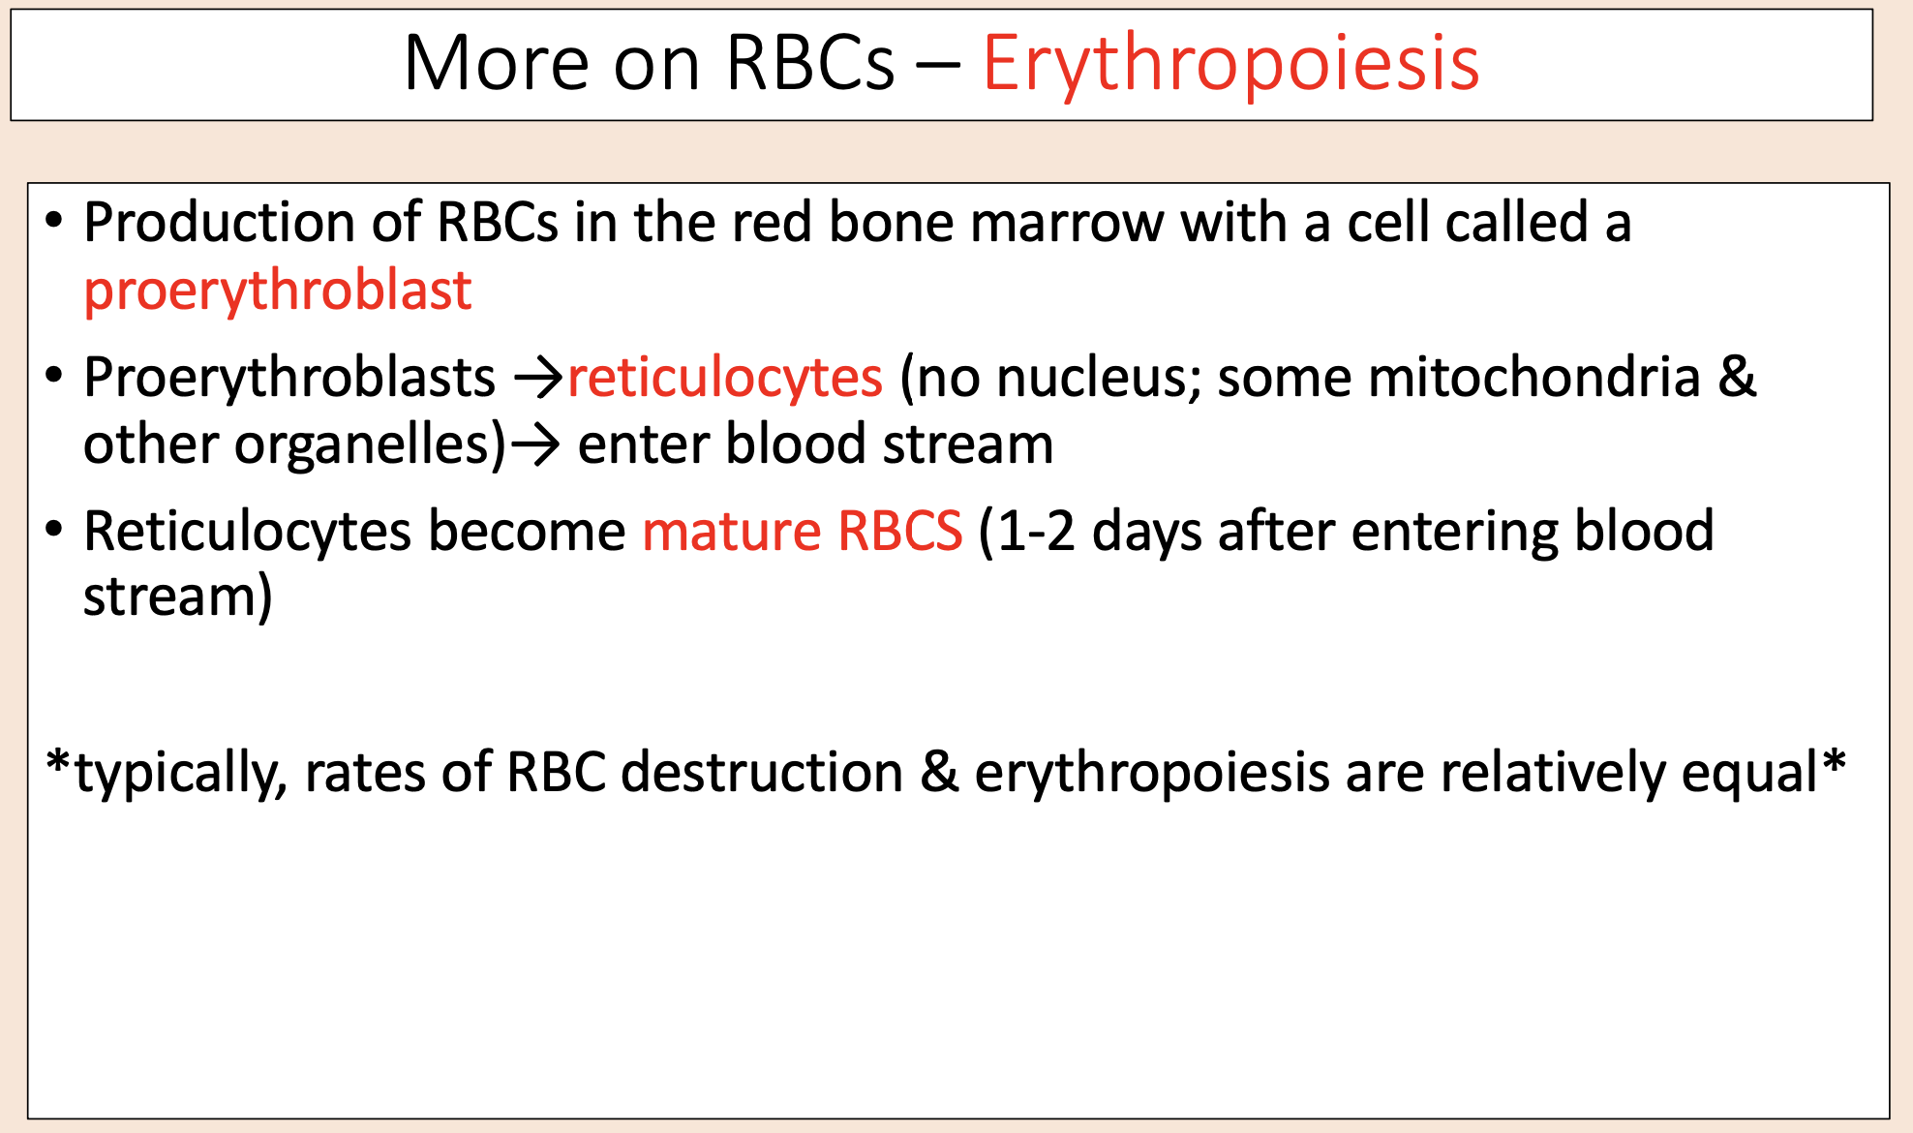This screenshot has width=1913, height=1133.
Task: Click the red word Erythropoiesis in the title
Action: tap(1230, 64)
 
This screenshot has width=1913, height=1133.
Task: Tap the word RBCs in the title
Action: tap(809, 64)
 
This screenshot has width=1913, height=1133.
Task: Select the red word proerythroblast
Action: tap(278, 290)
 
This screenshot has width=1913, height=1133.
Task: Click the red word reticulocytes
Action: tap(725, 377)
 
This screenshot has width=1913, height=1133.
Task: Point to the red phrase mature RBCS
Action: tap(802, 531)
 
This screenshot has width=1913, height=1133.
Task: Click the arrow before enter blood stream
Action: tap(535, 445)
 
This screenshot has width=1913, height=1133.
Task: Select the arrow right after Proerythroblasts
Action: tap(538, 378)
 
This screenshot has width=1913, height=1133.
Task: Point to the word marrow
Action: tap(1067, 223)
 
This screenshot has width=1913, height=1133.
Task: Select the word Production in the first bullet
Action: tap(219, 223)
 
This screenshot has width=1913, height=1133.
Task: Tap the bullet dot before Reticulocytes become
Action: tap(54, 530)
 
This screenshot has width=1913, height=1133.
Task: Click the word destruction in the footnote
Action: tap(761, 773)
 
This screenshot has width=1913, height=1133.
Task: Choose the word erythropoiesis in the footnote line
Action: tap(1151, 773)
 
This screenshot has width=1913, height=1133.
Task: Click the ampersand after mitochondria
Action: tap(1737, 377)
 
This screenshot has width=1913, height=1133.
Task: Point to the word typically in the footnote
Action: tap(181, 773)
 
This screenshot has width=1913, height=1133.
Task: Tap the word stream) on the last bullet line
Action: tap(177, 597)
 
